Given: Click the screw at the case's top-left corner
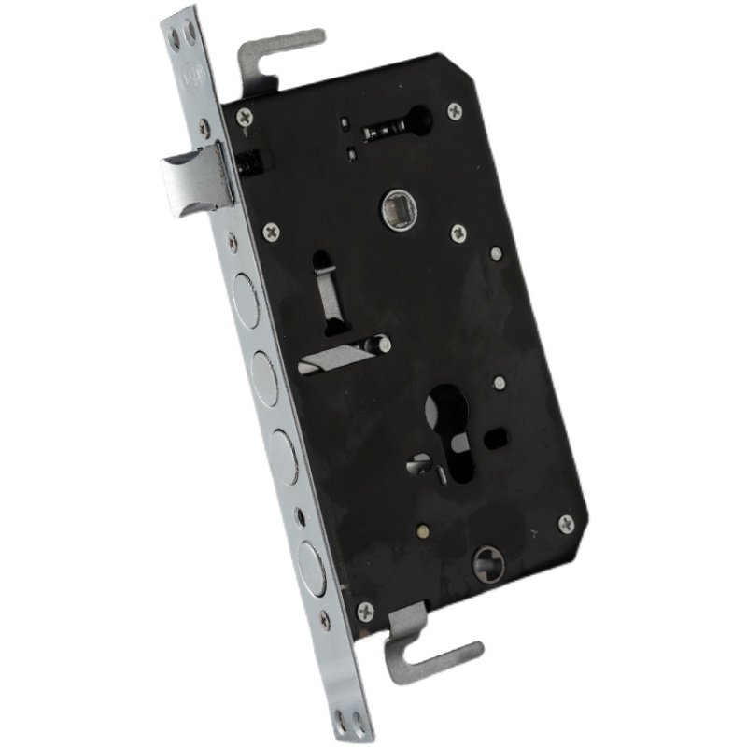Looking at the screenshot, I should coord(245,117).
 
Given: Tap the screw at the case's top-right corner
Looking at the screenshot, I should coord(455,110).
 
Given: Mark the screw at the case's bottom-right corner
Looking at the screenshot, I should coord(566,522).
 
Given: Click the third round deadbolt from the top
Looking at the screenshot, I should coord(284,452).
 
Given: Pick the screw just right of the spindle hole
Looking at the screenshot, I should coord(458,232).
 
